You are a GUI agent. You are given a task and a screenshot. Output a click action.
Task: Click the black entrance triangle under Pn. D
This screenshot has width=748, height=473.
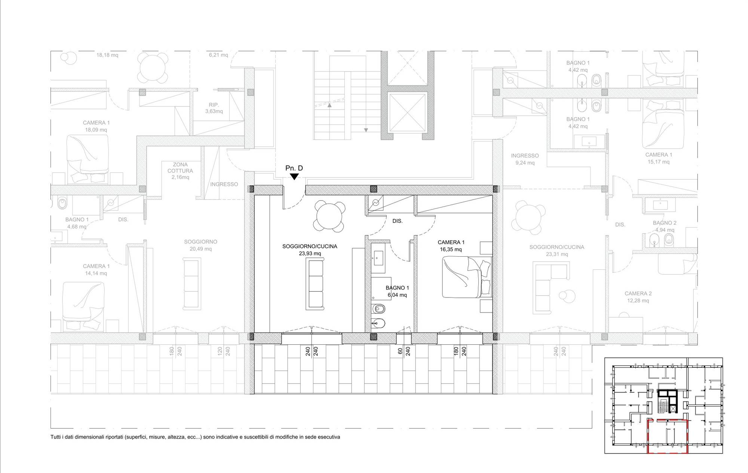click(294, 177)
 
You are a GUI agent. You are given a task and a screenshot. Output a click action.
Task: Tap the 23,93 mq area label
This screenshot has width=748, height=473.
click(310, 253)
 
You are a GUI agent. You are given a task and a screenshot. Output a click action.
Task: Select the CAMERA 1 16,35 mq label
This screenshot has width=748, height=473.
click(451, 246)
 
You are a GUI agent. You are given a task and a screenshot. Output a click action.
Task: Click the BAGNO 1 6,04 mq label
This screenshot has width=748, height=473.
click(397, 292)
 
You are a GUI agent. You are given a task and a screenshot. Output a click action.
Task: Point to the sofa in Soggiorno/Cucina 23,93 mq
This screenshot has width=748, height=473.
click(315, 284)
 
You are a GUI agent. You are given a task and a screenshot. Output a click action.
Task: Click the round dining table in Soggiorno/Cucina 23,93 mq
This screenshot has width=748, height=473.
click(329, 216)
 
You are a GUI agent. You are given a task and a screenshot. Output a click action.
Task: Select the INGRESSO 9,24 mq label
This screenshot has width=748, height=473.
click(525, 159)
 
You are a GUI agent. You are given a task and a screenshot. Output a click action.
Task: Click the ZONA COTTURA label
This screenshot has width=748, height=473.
click(180, 168)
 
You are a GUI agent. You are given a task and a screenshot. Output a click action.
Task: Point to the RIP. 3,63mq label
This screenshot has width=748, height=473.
click(214, 108)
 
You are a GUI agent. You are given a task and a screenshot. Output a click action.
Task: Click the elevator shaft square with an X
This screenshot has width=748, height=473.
click(407, 112)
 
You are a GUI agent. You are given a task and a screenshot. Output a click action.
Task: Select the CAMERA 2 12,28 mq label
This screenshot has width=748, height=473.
click(638, 297)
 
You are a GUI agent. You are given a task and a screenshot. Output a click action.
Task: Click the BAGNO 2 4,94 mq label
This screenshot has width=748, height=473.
click(665, 226)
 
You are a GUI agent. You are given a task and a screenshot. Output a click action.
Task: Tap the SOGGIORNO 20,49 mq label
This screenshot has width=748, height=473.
click(200, 245)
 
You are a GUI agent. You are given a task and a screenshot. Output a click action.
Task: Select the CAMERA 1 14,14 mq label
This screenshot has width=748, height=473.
click(96, 270)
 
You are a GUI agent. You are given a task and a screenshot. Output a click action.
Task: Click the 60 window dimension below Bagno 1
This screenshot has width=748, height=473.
click(400, 351)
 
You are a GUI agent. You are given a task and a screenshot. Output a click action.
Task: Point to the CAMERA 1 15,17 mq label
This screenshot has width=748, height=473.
click(659, 158)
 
